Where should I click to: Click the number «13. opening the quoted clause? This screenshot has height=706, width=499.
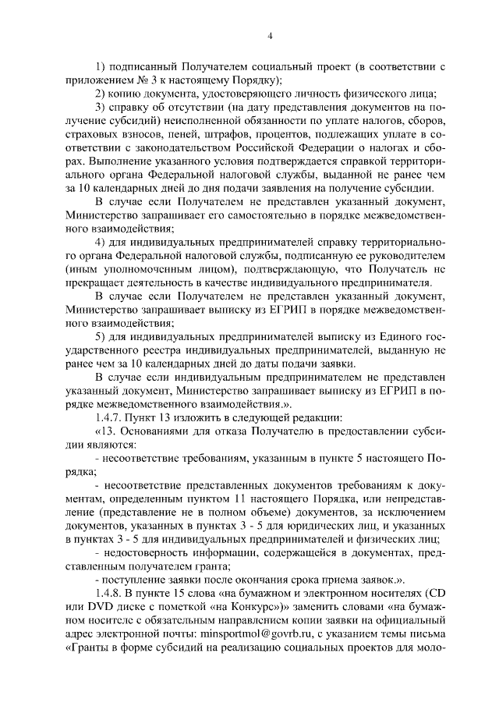point(106,430)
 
